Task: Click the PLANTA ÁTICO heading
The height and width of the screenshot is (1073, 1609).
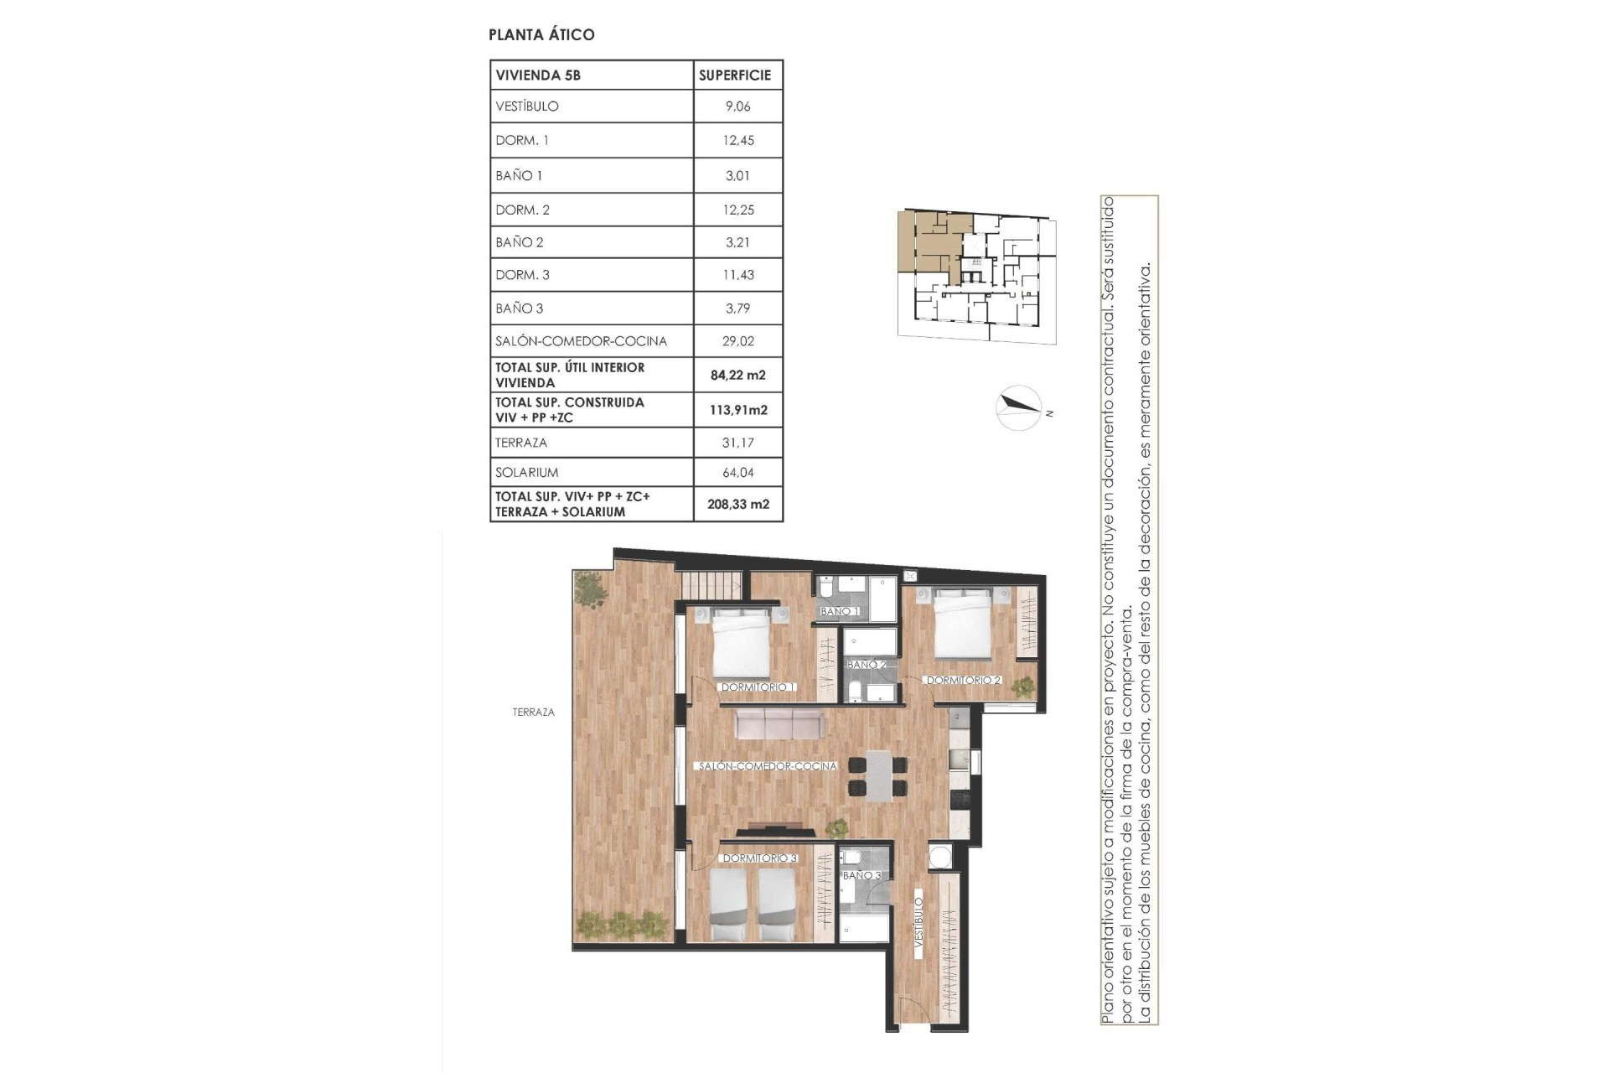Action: (x=541, y=34)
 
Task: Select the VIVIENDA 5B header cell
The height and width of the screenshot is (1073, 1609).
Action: (x=538, y=75)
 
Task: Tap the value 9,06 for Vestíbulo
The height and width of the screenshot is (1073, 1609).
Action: (x=737, y=106)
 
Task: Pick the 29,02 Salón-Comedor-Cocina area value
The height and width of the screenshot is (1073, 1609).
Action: (x=737, y=341)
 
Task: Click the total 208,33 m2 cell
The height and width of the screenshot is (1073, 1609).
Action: (x=737, y=504)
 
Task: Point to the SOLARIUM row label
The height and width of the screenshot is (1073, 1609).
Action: (x=527, y=472)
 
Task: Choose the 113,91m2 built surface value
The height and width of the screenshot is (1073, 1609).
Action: (x=737, y=410)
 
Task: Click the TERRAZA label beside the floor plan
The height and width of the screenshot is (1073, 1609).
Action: (x=534, y=713)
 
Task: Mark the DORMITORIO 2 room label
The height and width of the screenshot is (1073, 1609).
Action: (x=964, y=680)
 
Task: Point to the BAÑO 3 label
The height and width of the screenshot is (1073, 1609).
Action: (x=861, y=875)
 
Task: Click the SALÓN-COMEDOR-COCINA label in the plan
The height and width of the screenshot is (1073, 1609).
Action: (x=767, y=766)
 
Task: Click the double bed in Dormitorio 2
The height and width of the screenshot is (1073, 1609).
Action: (x=964, y=623)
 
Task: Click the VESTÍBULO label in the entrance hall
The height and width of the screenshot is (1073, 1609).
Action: (x=918, y=923)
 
